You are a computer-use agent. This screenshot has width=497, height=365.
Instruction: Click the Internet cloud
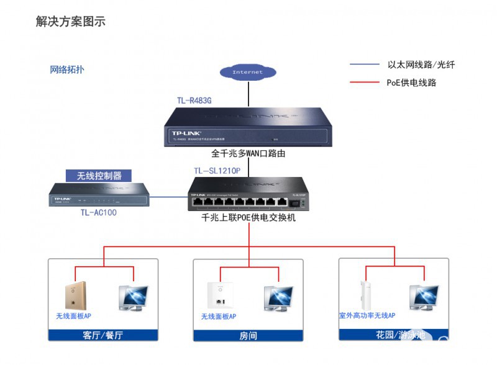point(248,72)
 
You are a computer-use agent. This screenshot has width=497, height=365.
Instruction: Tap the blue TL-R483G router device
point(247,127)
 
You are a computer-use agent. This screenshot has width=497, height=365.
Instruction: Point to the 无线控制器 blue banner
point(99,176)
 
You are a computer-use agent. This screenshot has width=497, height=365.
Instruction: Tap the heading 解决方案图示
point(70,22)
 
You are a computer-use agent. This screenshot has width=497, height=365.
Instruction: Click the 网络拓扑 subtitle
point(67,70)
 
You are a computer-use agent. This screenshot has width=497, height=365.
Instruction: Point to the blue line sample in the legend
point(364,65)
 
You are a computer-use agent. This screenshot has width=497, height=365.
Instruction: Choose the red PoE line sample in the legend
point(364,82)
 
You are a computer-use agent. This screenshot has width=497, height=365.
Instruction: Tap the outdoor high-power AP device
point(365,295)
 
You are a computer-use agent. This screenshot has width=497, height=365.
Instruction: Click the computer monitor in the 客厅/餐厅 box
point(134,297)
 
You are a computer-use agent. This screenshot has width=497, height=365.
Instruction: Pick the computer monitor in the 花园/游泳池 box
point(424,297)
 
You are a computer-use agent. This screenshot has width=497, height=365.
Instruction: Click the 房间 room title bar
point(248,336)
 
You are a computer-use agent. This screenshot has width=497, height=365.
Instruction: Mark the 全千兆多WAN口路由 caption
point(248,153)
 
